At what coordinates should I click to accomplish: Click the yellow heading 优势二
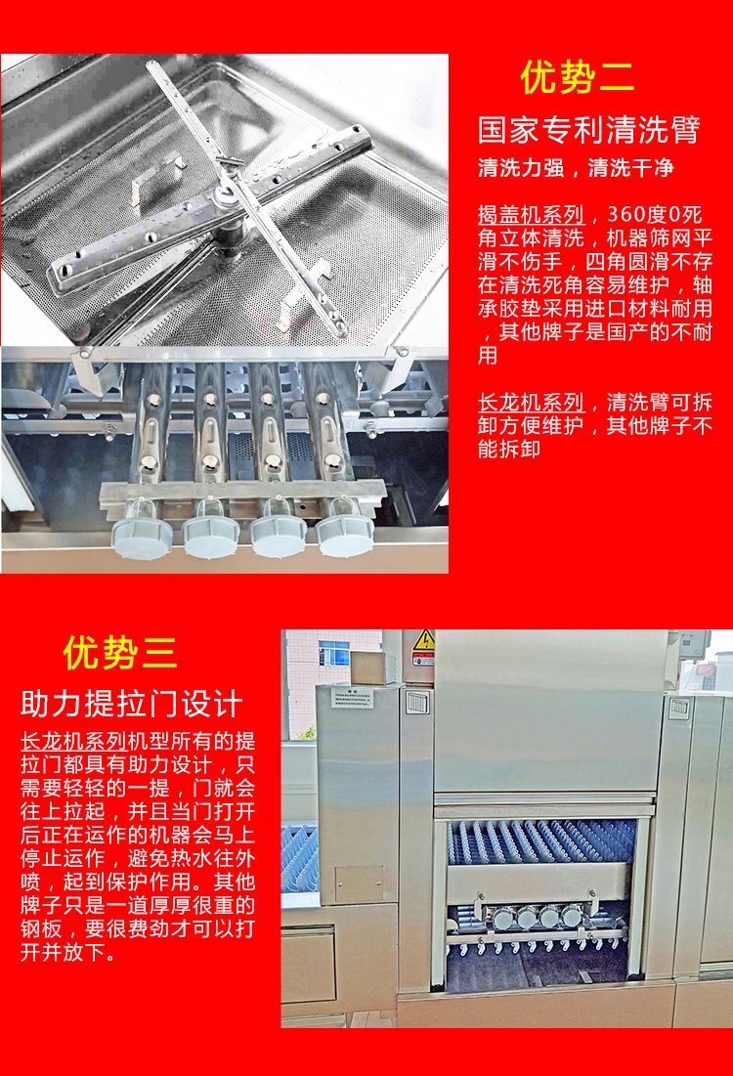[578, 76]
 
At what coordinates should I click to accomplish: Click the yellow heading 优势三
[120, 652]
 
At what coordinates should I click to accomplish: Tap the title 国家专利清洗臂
[589, 130]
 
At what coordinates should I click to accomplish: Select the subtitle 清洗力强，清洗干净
[576, 167]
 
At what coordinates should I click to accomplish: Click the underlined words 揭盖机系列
[531, 215]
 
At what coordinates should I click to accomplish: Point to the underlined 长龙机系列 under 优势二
[531, 402]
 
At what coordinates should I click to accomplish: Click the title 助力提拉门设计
[131, 704]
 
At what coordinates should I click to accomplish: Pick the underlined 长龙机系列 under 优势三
[73, 741]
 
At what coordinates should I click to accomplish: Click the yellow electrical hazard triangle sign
[423, 640]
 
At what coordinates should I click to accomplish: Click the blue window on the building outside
[333, 654]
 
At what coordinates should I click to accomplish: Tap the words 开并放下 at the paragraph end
[64, 953]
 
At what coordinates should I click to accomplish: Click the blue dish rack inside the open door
[541, 841]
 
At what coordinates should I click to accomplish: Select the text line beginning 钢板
[137, 929]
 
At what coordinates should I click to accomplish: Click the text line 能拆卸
[509, 449]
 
